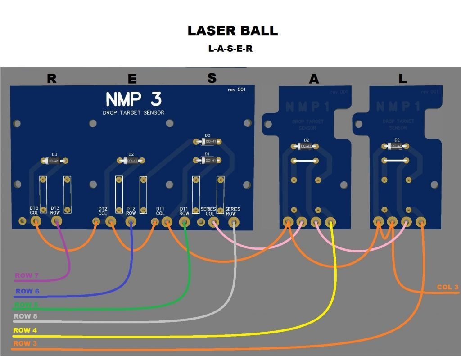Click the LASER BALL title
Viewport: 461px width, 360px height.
(x=232, y=31)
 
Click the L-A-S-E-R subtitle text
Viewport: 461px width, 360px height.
(x=230, y=49)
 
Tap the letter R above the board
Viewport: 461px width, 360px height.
(x=52, y=79)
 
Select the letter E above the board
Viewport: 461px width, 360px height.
(x=132, y=79)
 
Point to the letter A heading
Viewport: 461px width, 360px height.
(x=314, y=79)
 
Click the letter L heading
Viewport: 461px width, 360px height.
(x=402, y=79)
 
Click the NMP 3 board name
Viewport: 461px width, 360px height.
(x=134, y=99)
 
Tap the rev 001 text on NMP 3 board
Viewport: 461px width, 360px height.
(x=236, y=90)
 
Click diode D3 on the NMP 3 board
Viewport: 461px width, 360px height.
(x=54, y=161)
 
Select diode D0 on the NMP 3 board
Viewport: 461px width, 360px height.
(x=208, y=142)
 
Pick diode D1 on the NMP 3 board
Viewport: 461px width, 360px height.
(x=208, y=160)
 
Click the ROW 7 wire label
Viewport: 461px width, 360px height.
(x=26, y=275)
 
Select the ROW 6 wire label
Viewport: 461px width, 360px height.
(x=27, y=291)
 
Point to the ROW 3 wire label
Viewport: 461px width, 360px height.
(x=25, y=343)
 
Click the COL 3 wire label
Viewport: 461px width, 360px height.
(x=447, y=287)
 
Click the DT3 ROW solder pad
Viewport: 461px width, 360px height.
(x=56, y=221)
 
